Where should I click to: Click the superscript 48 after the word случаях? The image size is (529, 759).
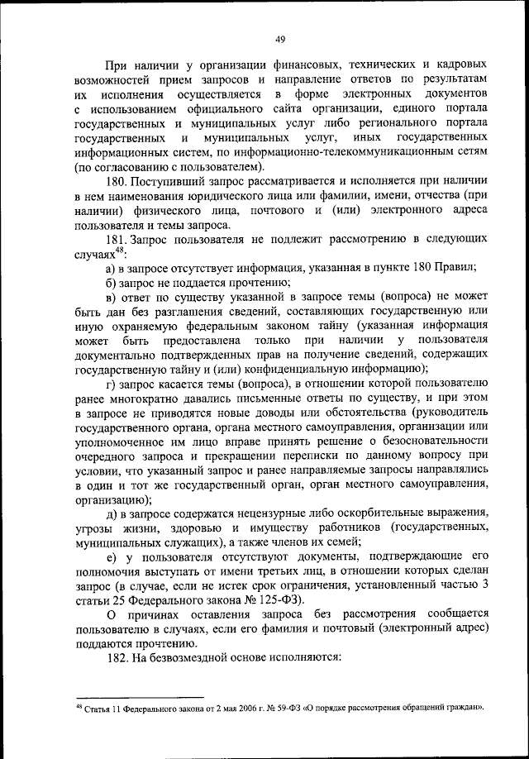[x=120, y=251]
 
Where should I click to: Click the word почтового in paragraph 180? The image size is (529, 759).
[x=272, y=211]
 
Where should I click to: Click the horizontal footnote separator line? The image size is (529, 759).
[x=137, y=698]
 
